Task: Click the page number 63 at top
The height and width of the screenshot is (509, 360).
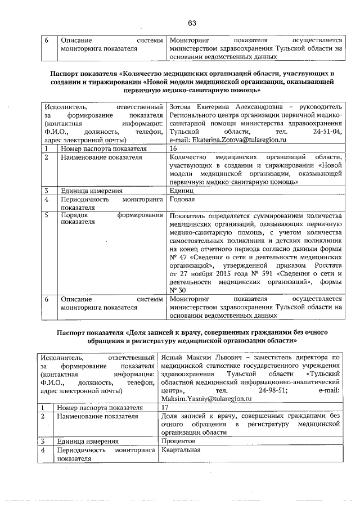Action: click(192, 22)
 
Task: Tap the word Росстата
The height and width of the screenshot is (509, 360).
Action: click(323, 264)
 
